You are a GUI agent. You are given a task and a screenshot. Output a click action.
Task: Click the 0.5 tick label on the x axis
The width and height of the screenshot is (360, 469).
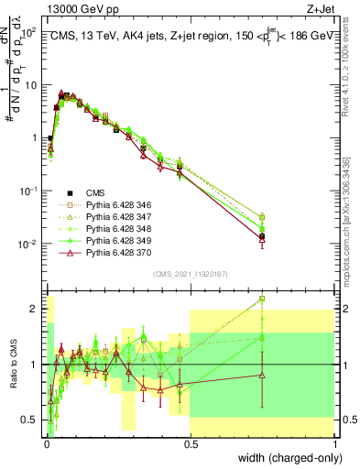pos(190,443)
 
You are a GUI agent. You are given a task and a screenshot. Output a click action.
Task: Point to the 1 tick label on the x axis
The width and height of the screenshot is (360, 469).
pos(334,443)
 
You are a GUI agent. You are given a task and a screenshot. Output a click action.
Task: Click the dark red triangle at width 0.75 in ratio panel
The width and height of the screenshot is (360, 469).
pos(263,375)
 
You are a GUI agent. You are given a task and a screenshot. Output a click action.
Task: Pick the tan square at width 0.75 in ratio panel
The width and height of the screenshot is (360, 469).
pos(263,299)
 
